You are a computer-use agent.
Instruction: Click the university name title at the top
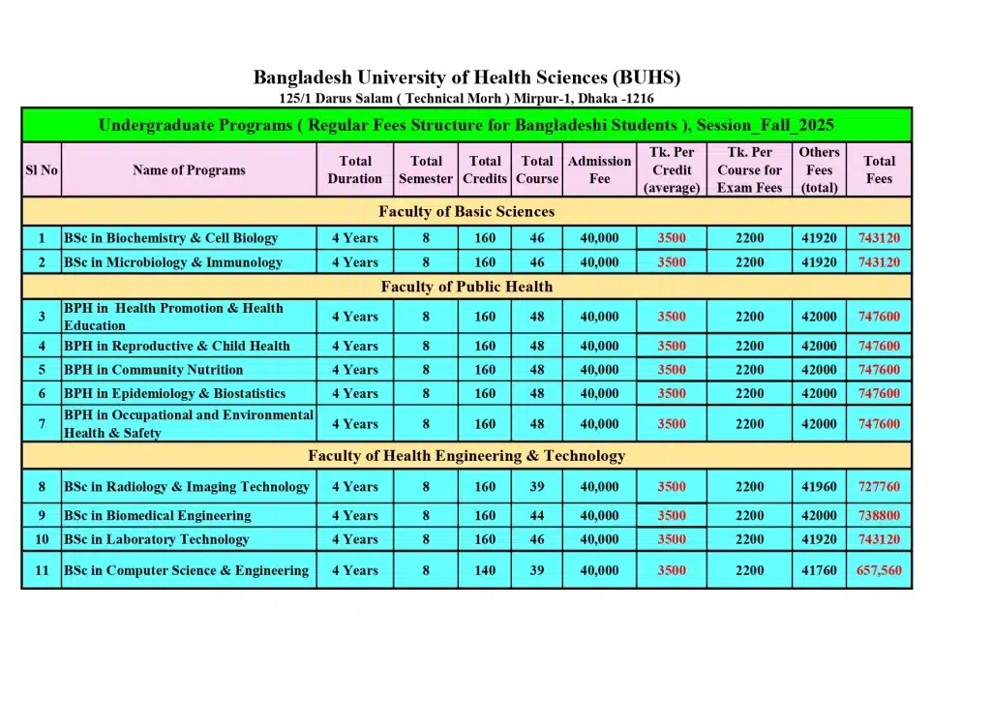(466, 77)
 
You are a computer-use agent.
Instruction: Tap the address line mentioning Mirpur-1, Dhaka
(466, 98)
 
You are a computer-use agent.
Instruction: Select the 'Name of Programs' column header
(189, 170)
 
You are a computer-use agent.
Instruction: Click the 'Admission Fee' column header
(599, 170)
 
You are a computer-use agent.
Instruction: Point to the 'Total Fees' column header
(879, 170)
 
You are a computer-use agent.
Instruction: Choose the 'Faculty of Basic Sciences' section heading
(466, 211)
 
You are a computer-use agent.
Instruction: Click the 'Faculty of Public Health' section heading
(466, 287)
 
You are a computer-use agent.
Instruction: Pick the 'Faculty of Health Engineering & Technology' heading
(466, 456)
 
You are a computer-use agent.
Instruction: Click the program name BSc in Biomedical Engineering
(158, 516)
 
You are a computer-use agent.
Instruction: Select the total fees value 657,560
(879, 571)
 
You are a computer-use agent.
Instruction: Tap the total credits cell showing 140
(485, 571)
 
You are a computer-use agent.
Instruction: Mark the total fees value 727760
(879, 487)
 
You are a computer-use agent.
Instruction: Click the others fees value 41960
(819, 487)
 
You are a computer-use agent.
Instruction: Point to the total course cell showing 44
(537, 516)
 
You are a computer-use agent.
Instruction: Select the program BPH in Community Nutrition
(154, 370)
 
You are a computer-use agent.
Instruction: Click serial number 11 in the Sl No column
(42, 571)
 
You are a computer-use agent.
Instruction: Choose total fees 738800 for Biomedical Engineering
(879, 516)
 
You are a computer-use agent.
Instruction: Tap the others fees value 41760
(819, 571)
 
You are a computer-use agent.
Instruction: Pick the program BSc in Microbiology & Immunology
(173, 262)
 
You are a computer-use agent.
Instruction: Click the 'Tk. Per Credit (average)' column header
(672, 170)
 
